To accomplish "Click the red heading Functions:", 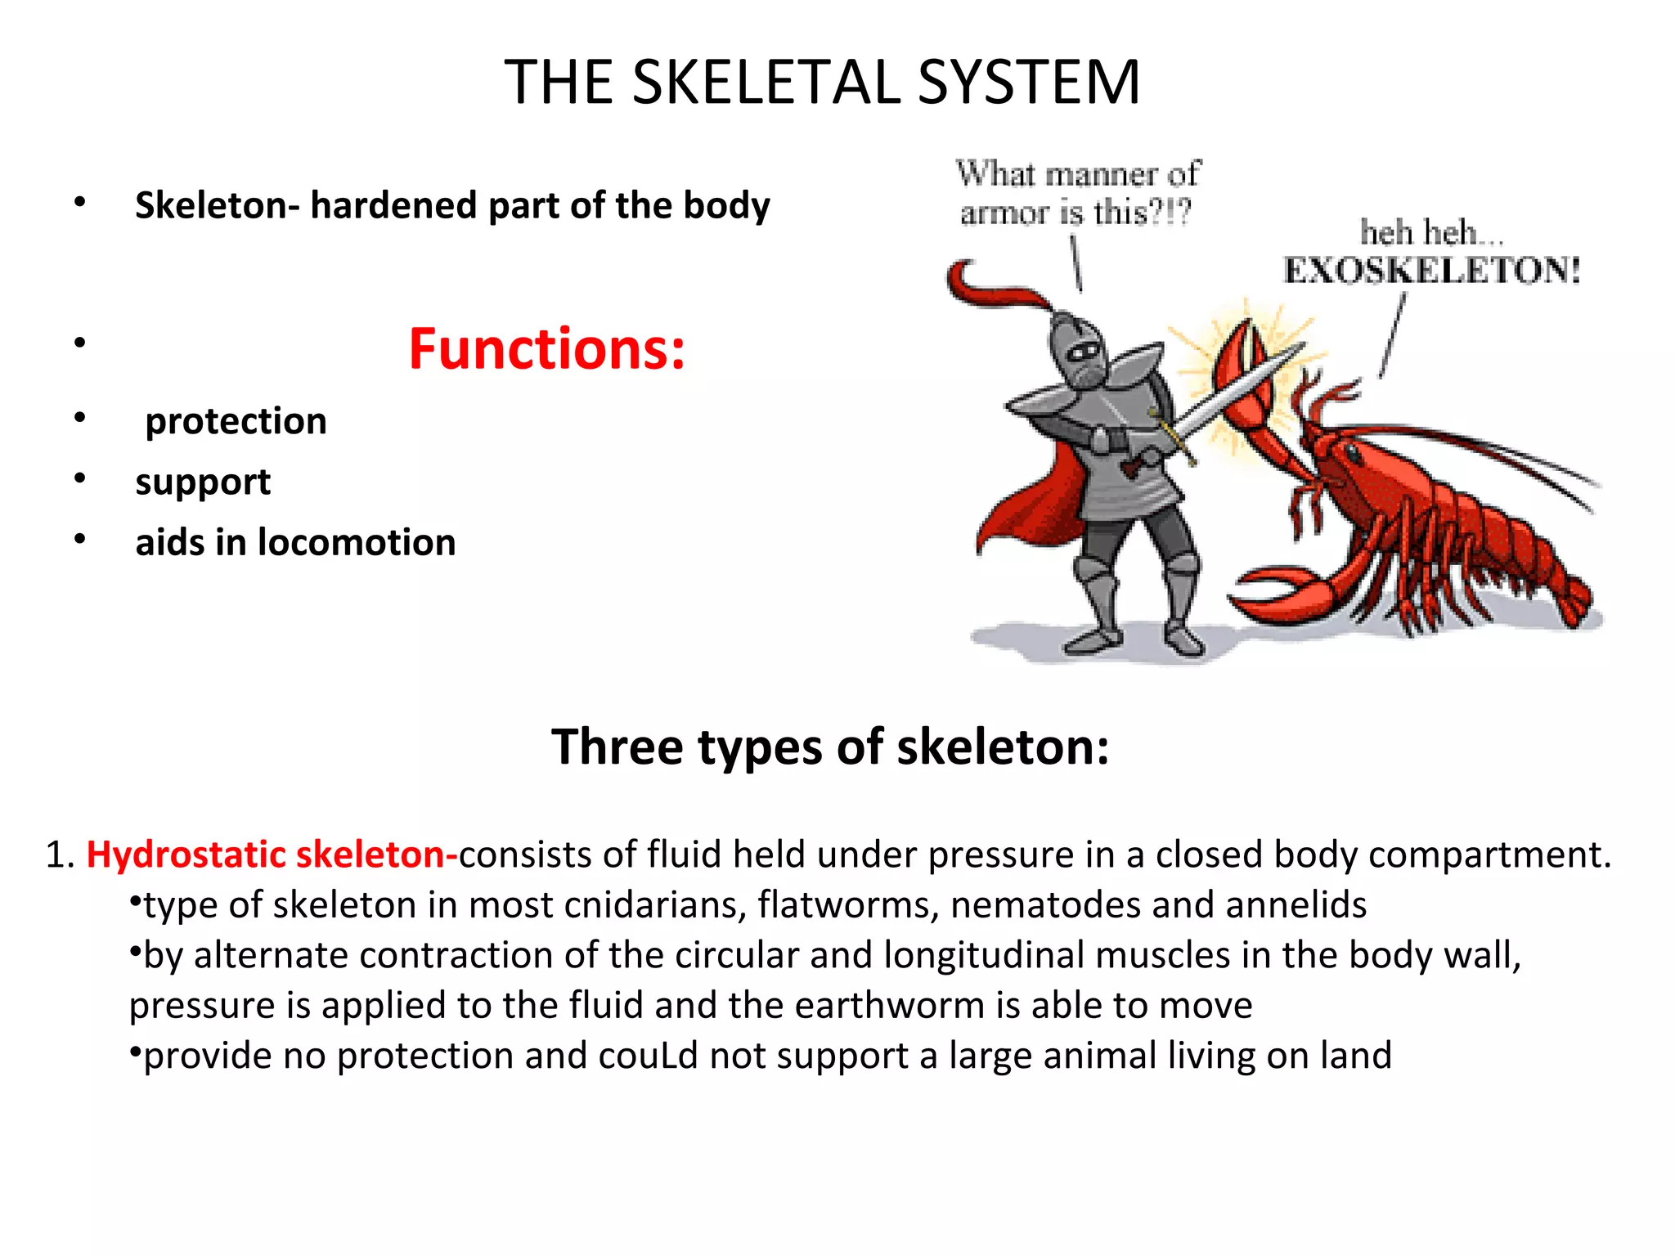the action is [546, 349].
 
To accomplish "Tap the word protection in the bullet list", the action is [236, 421].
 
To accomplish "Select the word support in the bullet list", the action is [203, 482].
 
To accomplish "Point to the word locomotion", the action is [357, 542].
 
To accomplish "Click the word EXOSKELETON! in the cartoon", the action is [1431, 270].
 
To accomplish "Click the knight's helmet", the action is [1079, 352].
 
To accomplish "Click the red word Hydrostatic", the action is [186, 855].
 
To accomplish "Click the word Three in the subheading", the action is [618, 747].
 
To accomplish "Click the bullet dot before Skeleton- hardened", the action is [79, 202].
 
